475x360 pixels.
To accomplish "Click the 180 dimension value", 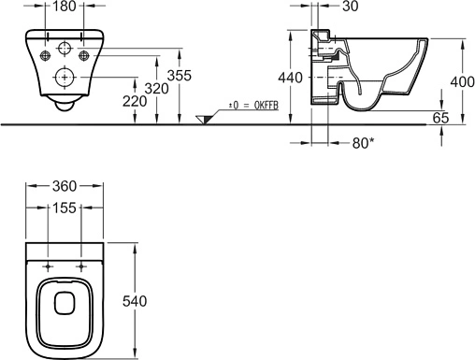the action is click(65, 6).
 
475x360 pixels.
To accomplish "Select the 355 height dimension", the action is click(180, 76).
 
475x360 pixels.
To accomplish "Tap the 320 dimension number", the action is click(157, 89).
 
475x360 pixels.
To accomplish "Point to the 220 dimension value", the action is click(135, 101).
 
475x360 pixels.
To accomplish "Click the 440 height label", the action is click(290, 78).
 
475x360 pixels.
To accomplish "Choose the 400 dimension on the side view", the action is click(463, 82).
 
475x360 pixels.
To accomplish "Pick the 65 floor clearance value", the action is click(441, 118).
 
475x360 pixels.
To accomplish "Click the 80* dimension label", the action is click(363, 143).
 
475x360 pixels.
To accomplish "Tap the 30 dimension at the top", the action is click(351, 7).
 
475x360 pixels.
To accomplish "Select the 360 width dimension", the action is click(65, 186).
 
